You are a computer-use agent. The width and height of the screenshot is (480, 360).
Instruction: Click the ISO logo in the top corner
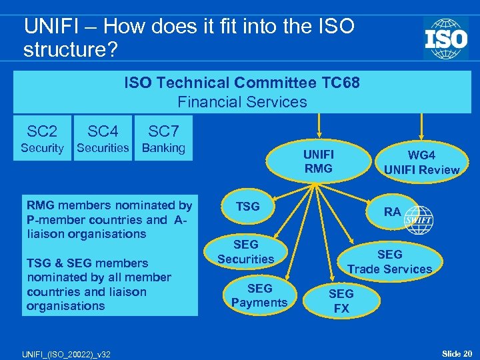[x=445, y=38]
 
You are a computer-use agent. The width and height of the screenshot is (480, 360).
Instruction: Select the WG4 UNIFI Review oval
[x=421, y=162]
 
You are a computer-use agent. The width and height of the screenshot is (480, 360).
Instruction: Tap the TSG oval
[x=248, y=207]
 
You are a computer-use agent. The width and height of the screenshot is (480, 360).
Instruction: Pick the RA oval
[x=393, y=212]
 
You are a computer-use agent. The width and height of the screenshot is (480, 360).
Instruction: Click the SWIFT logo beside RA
[x=418, y=220]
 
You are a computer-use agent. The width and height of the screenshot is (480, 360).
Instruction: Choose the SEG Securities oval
[x=245, y=251]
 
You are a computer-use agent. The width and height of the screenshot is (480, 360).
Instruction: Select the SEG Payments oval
[x=259, y=295]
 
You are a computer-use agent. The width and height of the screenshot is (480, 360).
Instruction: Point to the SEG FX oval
[x=341, y=301]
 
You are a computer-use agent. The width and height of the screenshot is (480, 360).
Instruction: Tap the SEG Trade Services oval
[x=389, y=261]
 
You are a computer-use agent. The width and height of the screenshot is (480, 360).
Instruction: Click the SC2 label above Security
[x=42, y=131]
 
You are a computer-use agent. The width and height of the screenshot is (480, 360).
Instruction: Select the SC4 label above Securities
[x=103, y=131]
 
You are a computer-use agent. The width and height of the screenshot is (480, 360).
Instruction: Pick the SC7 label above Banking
[x=164, y=131]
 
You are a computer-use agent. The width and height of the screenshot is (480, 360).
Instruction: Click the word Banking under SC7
[x=164, y=148]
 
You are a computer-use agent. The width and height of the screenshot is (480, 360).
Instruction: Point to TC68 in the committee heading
[x=336, y=83]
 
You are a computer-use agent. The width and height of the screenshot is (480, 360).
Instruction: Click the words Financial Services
[x=242, y=102]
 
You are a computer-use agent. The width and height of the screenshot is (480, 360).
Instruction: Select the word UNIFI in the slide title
[x=49, y=27]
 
